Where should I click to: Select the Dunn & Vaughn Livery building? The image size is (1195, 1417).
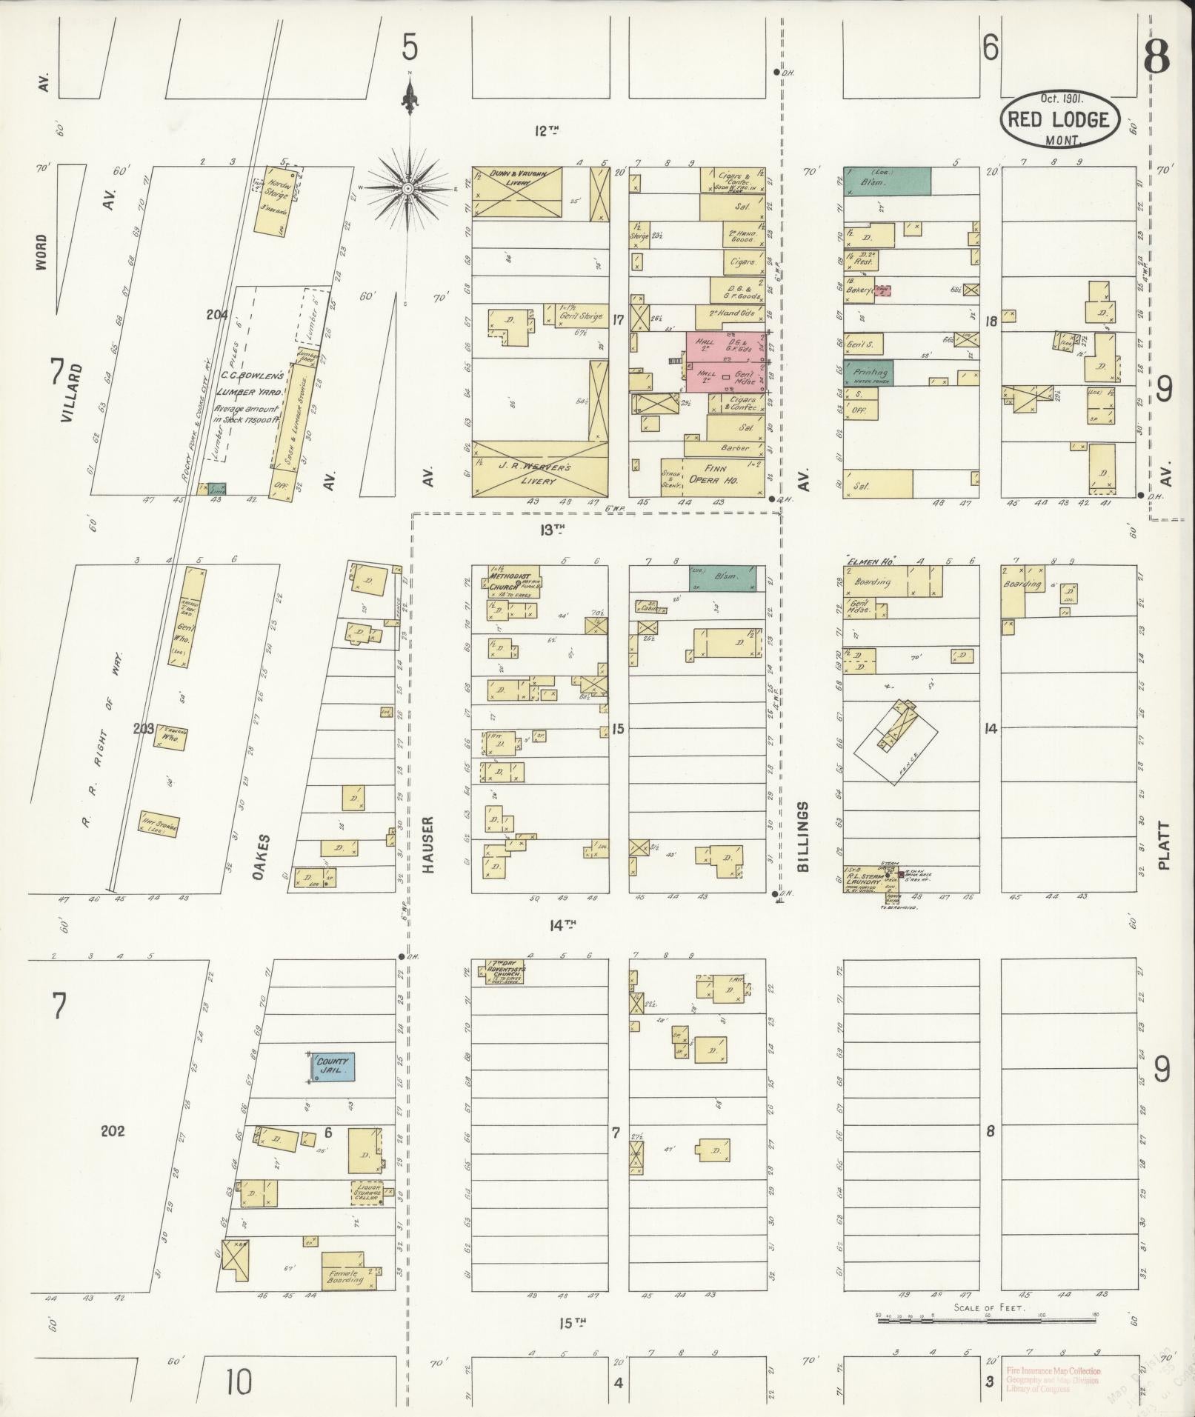coord(517,192)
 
